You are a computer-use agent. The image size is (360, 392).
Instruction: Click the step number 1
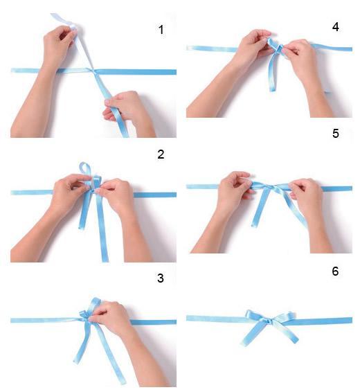coord(161,30)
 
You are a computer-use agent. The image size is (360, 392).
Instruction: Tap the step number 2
coord(161,154)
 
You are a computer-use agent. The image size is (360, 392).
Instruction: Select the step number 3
coord(161,278)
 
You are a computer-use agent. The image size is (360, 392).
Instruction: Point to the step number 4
coord(336,27)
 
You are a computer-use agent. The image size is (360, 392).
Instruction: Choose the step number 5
coord(336,133)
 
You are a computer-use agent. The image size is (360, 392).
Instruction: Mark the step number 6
coord(335,271)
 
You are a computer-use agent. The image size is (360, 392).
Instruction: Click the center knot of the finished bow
coord(269,321)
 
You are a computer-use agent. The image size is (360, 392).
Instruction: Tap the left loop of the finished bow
coord(255,316)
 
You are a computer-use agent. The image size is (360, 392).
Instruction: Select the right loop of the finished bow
coord(282,317)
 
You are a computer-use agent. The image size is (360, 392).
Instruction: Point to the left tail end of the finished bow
coord(243,344)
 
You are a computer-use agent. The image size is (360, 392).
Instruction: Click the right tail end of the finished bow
coord(296,340)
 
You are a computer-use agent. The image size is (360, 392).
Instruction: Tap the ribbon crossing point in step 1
coord(93,71)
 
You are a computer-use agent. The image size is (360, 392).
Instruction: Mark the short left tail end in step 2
coord(82,226)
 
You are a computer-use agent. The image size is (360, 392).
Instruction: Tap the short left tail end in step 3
coord(76,362)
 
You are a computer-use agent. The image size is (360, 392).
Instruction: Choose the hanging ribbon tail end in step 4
coord(273,89)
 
